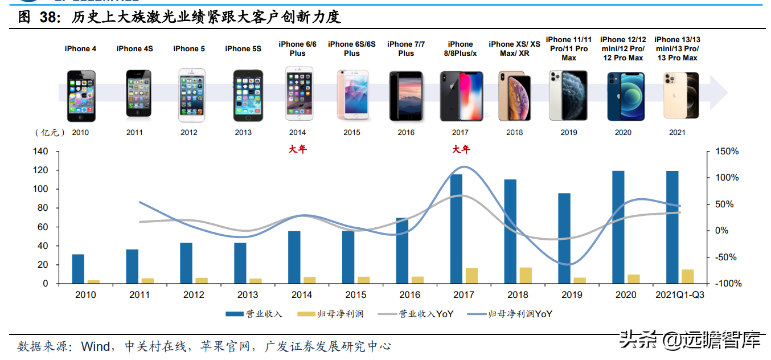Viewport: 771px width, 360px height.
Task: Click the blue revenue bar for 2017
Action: [456, 228]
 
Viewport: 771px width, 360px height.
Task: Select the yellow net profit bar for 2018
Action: [526, 275]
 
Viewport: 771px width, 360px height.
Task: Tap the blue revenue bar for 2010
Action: [78, 269]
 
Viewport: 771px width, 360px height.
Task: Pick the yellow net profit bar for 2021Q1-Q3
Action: [688, 276]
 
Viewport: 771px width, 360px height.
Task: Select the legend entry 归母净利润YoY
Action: [510, 314]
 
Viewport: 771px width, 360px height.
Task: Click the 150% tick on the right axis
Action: [727, 152]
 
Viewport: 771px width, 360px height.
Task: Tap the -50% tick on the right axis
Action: [727, 257]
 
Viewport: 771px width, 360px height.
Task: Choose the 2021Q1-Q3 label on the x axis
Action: [680, 294]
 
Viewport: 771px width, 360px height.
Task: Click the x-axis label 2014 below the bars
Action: [302, 294]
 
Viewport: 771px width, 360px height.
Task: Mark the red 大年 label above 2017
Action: [461, 150]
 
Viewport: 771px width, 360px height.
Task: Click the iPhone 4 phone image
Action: [81, 96]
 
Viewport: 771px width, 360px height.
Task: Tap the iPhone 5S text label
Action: [243, 49]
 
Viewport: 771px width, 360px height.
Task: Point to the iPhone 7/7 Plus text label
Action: [406, 49]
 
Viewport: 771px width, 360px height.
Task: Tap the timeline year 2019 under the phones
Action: [568, 133]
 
